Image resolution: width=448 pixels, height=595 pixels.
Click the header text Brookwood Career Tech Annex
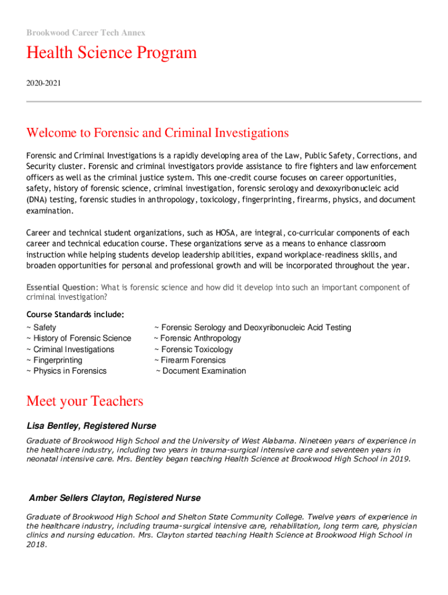(x=86, y=33)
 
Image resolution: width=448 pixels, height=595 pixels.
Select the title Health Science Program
(x=111, y=53)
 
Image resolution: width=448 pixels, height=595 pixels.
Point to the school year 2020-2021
(x=43, y=84)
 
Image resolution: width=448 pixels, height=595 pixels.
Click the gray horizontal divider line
(x=223, y=102)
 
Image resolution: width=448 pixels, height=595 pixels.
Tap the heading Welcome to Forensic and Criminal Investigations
(x=157, y=133)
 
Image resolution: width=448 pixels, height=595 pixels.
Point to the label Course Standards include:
(x=75, y=314)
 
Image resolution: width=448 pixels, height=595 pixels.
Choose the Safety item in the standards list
(x=44, y=328)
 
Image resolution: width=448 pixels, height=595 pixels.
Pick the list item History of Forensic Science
(x=81, y=338)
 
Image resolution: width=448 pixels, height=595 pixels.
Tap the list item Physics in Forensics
(x=69, y=371)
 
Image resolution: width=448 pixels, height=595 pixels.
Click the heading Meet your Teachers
(x=84, y=402)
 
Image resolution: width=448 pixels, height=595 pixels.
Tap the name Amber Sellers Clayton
(x=78, y=498)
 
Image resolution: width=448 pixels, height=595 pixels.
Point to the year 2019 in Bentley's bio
(x=399, y=458)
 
